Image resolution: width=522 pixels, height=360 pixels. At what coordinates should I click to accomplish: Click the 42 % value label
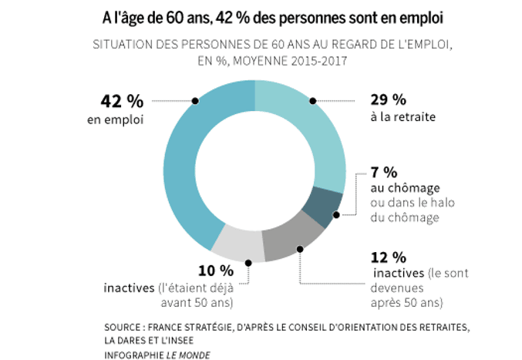click(123, 101)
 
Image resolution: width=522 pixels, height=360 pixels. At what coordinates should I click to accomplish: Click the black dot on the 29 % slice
click(313, 100)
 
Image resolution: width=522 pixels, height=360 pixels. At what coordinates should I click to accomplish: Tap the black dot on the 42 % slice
click(195, 100)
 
